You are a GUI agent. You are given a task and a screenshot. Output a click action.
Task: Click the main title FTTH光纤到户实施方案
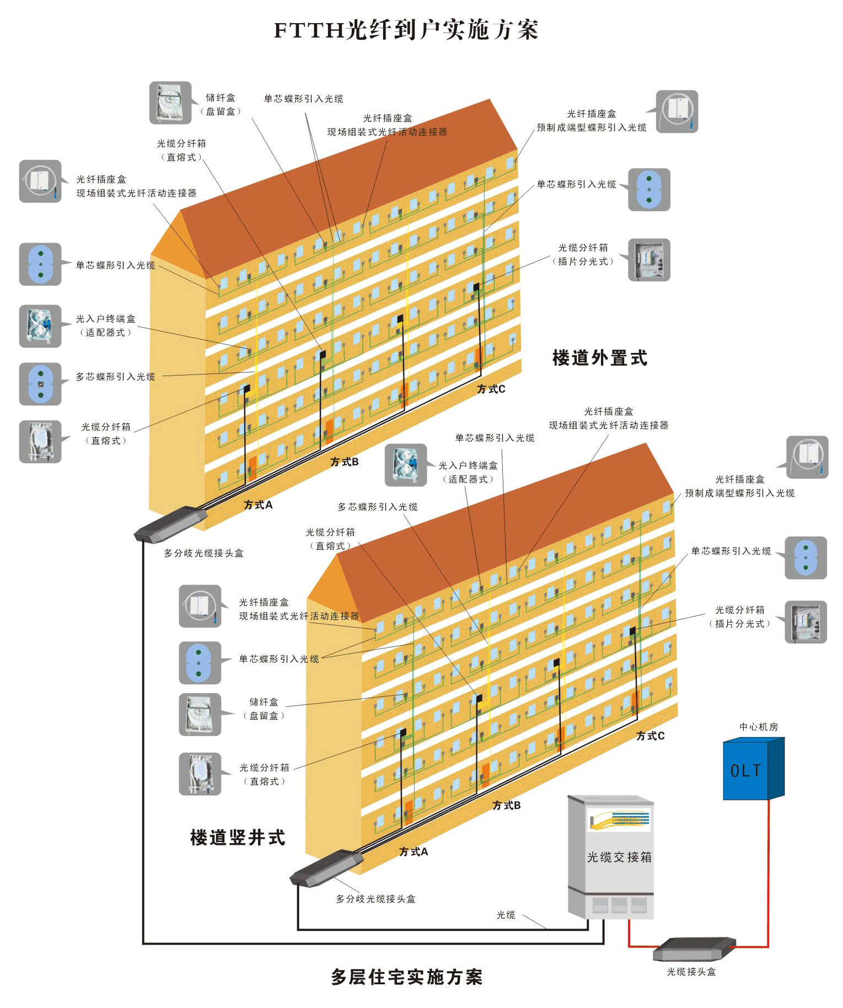tap(406, 30)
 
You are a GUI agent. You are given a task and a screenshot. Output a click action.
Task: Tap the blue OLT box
tap(753, 768)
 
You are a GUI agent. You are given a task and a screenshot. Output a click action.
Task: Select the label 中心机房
tap(759, 727)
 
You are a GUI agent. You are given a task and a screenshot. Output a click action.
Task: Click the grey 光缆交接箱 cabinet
tap(611, 857)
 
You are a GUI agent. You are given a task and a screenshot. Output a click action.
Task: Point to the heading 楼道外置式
tap(600, 358)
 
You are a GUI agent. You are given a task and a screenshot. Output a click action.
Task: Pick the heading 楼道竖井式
tap(238, 838)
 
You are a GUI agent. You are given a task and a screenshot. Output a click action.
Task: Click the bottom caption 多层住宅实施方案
tap(406, 977)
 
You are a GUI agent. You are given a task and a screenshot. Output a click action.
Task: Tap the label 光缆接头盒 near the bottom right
tap(691, 972)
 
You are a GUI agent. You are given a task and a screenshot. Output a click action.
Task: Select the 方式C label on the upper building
tap(491, 389)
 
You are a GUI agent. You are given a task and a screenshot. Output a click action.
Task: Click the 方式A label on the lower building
tap(414, 851)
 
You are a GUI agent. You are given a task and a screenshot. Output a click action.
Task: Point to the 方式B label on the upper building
tap(345, 462)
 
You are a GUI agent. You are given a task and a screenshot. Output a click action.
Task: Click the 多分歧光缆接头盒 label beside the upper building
tap(204, 553)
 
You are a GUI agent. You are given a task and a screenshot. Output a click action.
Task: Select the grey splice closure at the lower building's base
tap(326, 868)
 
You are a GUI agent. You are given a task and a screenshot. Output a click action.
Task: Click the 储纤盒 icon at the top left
tap(170, 103)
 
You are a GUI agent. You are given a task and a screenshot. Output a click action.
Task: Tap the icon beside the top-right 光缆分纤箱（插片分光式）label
tap(649, 260)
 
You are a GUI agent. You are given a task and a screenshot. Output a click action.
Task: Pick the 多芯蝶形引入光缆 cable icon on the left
tap(40, 384)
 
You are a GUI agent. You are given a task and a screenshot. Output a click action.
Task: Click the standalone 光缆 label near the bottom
tap(506, 915)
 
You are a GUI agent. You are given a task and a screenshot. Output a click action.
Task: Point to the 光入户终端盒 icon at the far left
tap(40, 326)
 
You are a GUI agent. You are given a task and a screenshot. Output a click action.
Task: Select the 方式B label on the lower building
tap(506, 806)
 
